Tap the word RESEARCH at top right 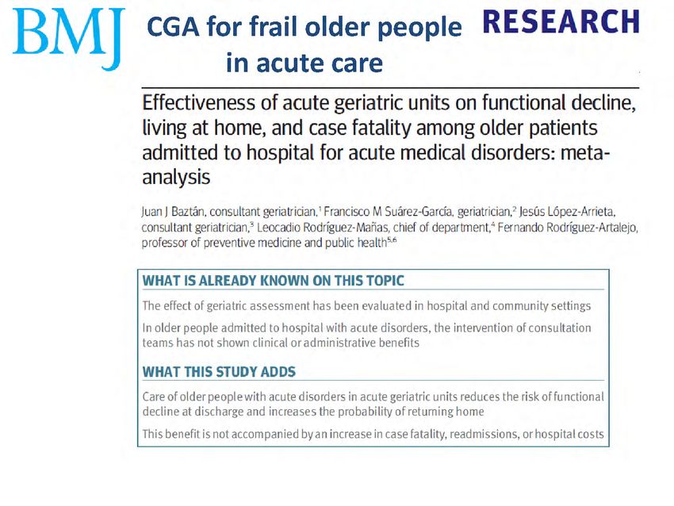561,22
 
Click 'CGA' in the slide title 173,27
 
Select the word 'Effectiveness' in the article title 210,103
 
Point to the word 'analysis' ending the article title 176,177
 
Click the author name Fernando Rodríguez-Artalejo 568,228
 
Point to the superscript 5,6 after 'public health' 392,240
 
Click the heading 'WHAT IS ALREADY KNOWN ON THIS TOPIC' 273,281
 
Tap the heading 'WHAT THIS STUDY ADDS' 219,372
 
